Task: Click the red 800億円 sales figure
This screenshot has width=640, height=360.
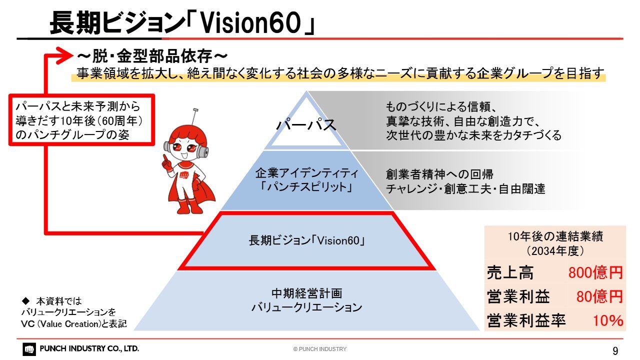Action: pos(595,272)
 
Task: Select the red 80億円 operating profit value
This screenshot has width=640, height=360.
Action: pos(599,296)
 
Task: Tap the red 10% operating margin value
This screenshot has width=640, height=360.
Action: pos(607,320)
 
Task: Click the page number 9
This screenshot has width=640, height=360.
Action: pos(615,350)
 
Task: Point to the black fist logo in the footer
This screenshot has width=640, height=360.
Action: pos(29,349)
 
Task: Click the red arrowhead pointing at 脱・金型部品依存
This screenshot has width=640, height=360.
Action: pos(64,55)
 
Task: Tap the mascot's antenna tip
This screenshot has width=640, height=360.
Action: pos(195,109)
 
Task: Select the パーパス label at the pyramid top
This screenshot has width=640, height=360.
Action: pos(306,125)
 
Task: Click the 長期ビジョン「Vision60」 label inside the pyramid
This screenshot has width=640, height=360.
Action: pos(307,240)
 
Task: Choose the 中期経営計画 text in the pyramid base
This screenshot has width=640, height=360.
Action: pos(307,293)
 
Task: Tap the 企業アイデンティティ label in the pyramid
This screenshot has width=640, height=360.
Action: pos(307,173)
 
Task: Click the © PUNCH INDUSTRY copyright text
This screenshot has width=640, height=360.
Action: pos(319,349)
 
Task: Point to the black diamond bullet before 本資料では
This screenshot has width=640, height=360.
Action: pos(25,300)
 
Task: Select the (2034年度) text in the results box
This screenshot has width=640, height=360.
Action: pos(555,251)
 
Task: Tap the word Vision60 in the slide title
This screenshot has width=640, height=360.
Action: pos(251,23)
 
